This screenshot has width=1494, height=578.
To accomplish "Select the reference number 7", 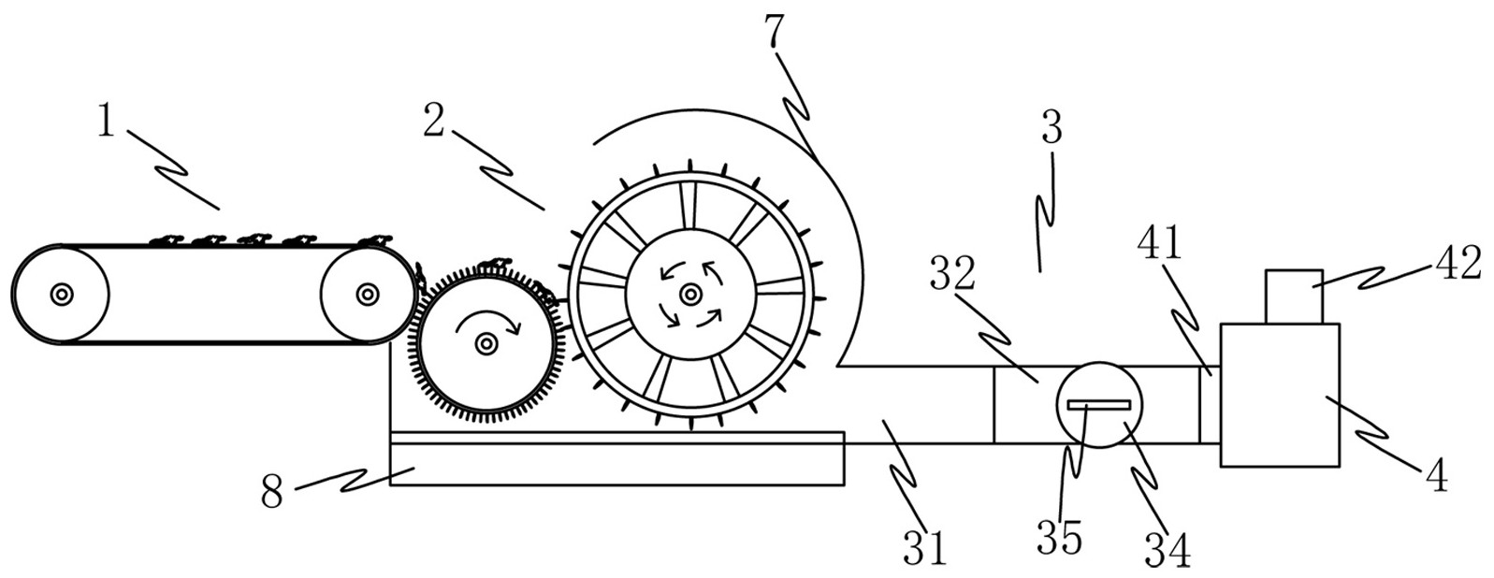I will click(774, 33).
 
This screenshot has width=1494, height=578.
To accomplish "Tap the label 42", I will click(1457, 264).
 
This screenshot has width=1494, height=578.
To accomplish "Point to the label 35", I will click(1059, 539).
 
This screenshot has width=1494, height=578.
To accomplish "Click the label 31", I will click(925, 547).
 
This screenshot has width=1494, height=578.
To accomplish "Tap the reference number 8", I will click(271, 491).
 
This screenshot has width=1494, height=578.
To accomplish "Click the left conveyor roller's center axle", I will click(62, 295).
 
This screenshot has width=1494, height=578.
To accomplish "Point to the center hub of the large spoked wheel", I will click(690, 295).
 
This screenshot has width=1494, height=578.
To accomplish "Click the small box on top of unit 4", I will click(1294, 296).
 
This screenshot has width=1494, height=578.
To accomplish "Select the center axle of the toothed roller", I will click(486, 345).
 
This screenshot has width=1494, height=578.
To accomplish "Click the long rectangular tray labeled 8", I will click(617, 464).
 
